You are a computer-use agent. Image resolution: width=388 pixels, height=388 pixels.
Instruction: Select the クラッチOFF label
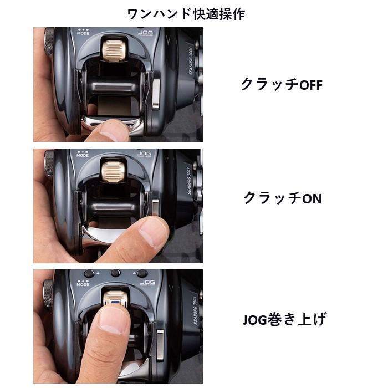pos(281,85)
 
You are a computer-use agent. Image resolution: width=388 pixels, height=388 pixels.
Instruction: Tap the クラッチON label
pos(282,198)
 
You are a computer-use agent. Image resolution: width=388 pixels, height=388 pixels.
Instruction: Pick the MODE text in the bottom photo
pos(83,284)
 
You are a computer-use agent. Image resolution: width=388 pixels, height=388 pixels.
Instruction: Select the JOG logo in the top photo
pos(146,33)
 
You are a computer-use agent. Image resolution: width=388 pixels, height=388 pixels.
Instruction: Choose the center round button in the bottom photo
pos(115,273)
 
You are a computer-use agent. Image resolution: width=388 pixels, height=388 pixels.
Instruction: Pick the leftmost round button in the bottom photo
pos(89,273)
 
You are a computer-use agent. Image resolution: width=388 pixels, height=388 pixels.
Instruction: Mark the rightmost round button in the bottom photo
pos(142,273)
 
